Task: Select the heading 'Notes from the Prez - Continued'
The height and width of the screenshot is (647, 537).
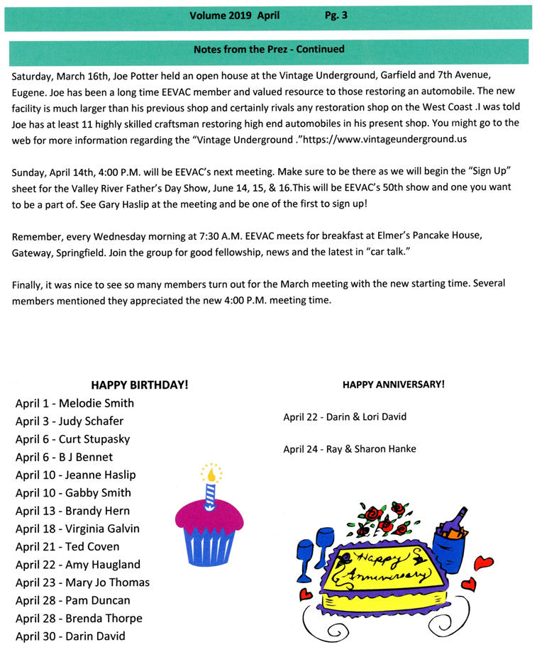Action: tap(269, 50)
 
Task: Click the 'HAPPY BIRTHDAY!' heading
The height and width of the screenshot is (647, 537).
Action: tap(140, 385)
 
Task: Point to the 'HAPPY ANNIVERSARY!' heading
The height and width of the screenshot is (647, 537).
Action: tap(394, 385)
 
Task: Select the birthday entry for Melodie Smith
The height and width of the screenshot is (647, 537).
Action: tap(74, 403)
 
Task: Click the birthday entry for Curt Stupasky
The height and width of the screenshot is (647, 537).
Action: tap(72, 439)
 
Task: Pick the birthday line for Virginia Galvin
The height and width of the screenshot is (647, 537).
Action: tap(77, 529)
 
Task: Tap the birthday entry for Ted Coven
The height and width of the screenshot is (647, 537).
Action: tap(67, 546)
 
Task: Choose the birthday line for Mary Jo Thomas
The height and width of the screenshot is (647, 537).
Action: tap(82, 582)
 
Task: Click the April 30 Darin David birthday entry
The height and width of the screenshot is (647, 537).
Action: tap(70, 636)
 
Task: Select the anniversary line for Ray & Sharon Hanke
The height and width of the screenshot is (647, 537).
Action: tap(350, 449)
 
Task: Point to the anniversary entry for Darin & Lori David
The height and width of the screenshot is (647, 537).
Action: tap(345, 417)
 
